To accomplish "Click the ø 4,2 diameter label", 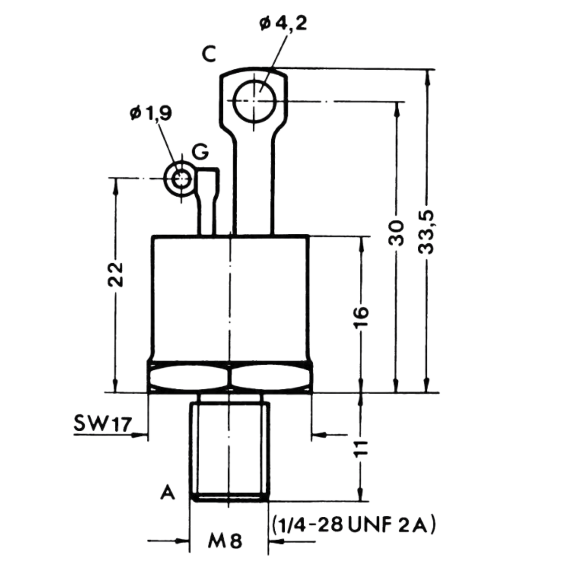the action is (283, 24).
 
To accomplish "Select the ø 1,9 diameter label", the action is (151, 113).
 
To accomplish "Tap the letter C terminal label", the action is (209, 54).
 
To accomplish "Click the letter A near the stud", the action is (168, 492).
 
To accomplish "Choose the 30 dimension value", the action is (396, 233).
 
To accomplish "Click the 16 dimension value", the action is (361, 318).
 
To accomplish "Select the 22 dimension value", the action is (116, 274).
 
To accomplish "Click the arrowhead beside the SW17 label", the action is (139, 435).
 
